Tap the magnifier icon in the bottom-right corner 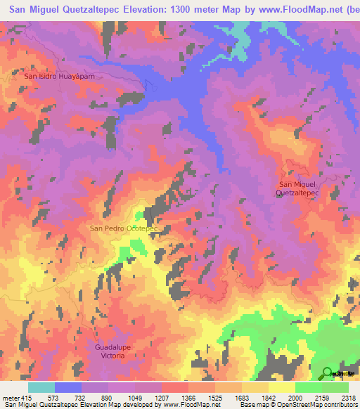click(x=328, y=372)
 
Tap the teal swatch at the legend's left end click(x=41, y=387)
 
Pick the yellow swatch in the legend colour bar click(x=282, y=387)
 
